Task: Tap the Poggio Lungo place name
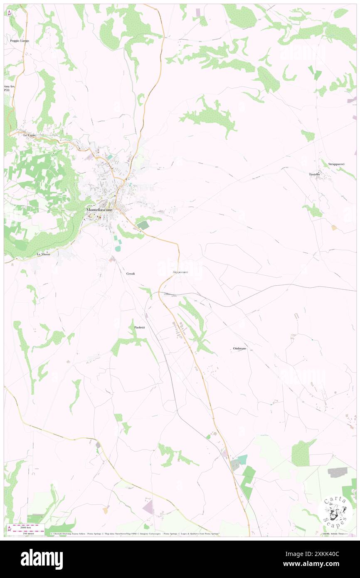(18, 41)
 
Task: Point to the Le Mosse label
(44, 254)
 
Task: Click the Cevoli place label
(131, 274)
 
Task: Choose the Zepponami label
(180, 272)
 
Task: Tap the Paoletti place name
(140, 328)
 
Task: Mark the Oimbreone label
(240, 348)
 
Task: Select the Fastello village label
(314, 174)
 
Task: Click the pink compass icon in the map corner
(9, 12)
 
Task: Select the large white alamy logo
(42, 559)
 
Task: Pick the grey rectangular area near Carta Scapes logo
(338, 472)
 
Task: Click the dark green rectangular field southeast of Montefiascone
(143, 225)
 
